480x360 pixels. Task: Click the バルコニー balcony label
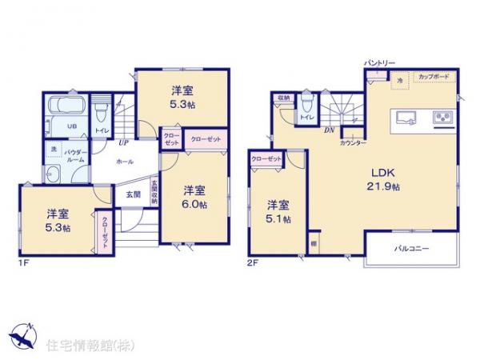coord(412,249)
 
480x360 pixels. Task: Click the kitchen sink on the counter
coord(403,118)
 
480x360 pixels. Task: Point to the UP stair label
coord(124,143)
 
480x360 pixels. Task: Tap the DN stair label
coord(328,130)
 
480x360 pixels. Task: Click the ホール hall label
coord(125,160)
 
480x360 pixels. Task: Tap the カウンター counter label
coord(353,142)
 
